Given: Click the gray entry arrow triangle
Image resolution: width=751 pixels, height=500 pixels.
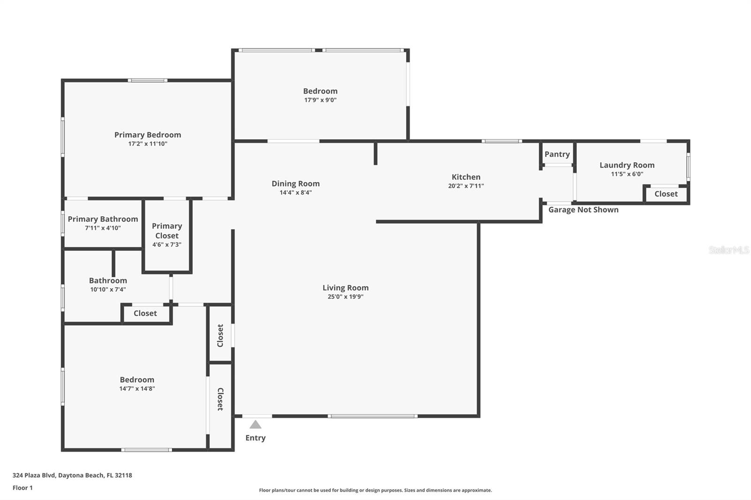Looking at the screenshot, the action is pos(255,424).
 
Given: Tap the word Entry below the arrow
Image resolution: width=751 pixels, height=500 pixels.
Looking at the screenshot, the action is pos(255,438).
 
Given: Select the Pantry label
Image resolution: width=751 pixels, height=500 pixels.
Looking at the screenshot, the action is pos(557,154).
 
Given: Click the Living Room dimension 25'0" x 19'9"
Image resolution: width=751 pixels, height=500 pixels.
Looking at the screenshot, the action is pos(345,296).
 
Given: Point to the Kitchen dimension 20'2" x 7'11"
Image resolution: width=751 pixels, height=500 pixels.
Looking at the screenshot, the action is pos(466,186).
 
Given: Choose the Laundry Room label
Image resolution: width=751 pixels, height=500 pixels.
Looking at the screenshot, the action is pos(627,165).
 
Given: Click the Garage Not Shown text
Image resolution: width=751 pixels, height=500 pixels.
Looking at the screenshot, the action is pos(583,210).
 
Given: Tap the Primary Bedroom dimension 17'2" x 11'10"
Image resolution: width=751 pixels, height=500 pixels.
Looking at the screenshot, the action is pos(147,144).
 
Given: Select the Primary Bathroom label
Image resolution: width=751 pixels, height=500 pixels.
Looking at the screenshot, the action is pos(103,219).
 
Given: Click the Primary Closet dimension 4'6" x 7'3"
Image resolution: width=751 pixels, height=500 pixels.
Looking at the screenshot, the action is pos(167,245).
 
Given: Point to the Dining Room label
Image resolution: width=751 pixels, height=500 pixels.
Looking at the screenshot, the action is pos(296,184).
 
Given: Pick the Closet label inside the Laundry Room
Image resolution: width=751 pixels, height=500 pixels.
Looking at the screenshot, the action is pos(666,194).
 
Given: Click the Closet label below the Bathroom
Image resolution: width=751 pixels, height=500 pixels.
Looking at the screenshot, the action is pos(145,313).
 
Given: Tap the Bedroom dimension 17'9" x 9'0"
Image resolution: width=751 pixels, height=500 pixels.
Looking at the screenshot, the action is pos(320,100).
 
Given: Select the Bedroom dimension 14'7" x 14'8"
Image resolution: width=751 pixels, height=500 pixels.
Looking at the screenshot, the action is pos(137,389).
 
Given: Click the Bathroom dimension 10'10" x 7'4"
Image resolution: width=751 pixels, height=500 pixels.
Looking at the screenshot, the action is pos(108,289).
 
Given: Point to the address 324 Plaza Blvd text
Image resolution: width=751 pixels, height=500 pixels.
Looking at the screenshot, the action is pos(34,475).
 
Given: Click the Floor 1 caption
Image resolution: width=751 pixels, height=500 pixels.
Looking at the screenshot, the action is pos(23,488).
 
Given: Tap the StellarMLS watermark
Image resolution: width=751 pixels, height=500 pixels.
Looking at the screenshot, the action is pos(728,250).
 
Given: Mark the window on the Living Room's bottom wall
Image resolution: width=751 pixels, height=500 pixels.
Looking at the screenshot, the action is pos(373,416).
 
